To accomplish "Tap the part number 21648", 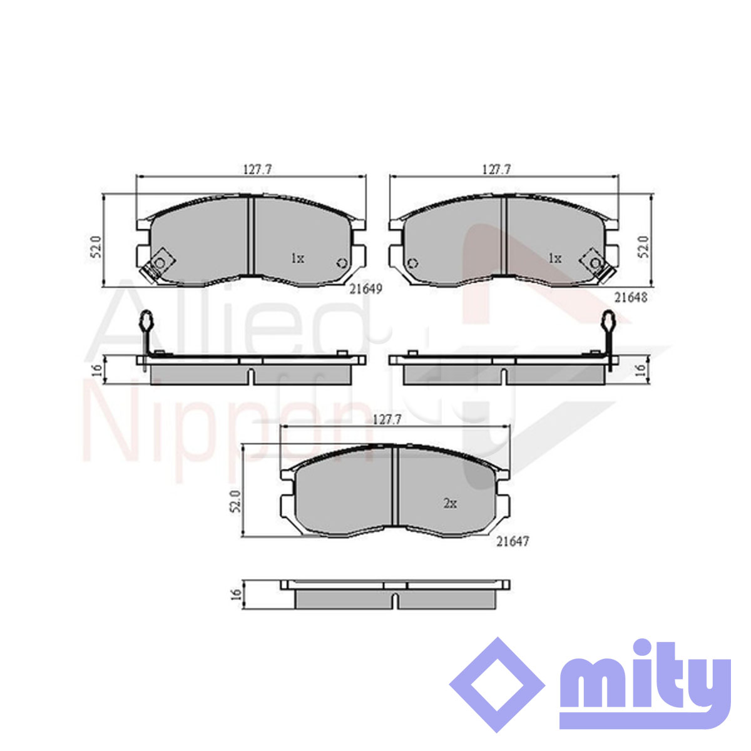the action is point(631,298).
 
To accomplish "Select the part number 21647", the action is point(513,541).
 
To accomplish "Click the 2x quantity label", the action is point(450,504).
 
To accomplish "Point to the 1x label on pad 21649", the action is point(298,258).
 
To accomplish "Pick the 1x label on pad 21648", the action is point(554,258).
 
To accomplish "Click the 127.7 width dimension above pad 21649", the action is point(257,170).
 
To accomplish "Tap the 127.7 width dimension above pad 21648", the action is point(496,170).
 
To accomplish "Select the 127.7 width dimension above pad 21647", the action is point(387,420).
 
